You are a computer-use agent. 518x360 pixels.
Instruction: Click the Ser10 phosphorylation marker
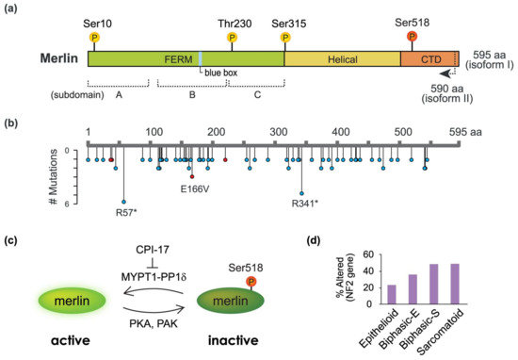coord(93,36)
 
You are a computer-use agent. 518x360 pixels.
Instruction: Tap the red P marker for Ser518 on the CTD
coord(412,36)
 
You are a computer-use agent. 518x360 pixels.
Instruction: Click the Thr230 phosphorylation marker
coord(232,36)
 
